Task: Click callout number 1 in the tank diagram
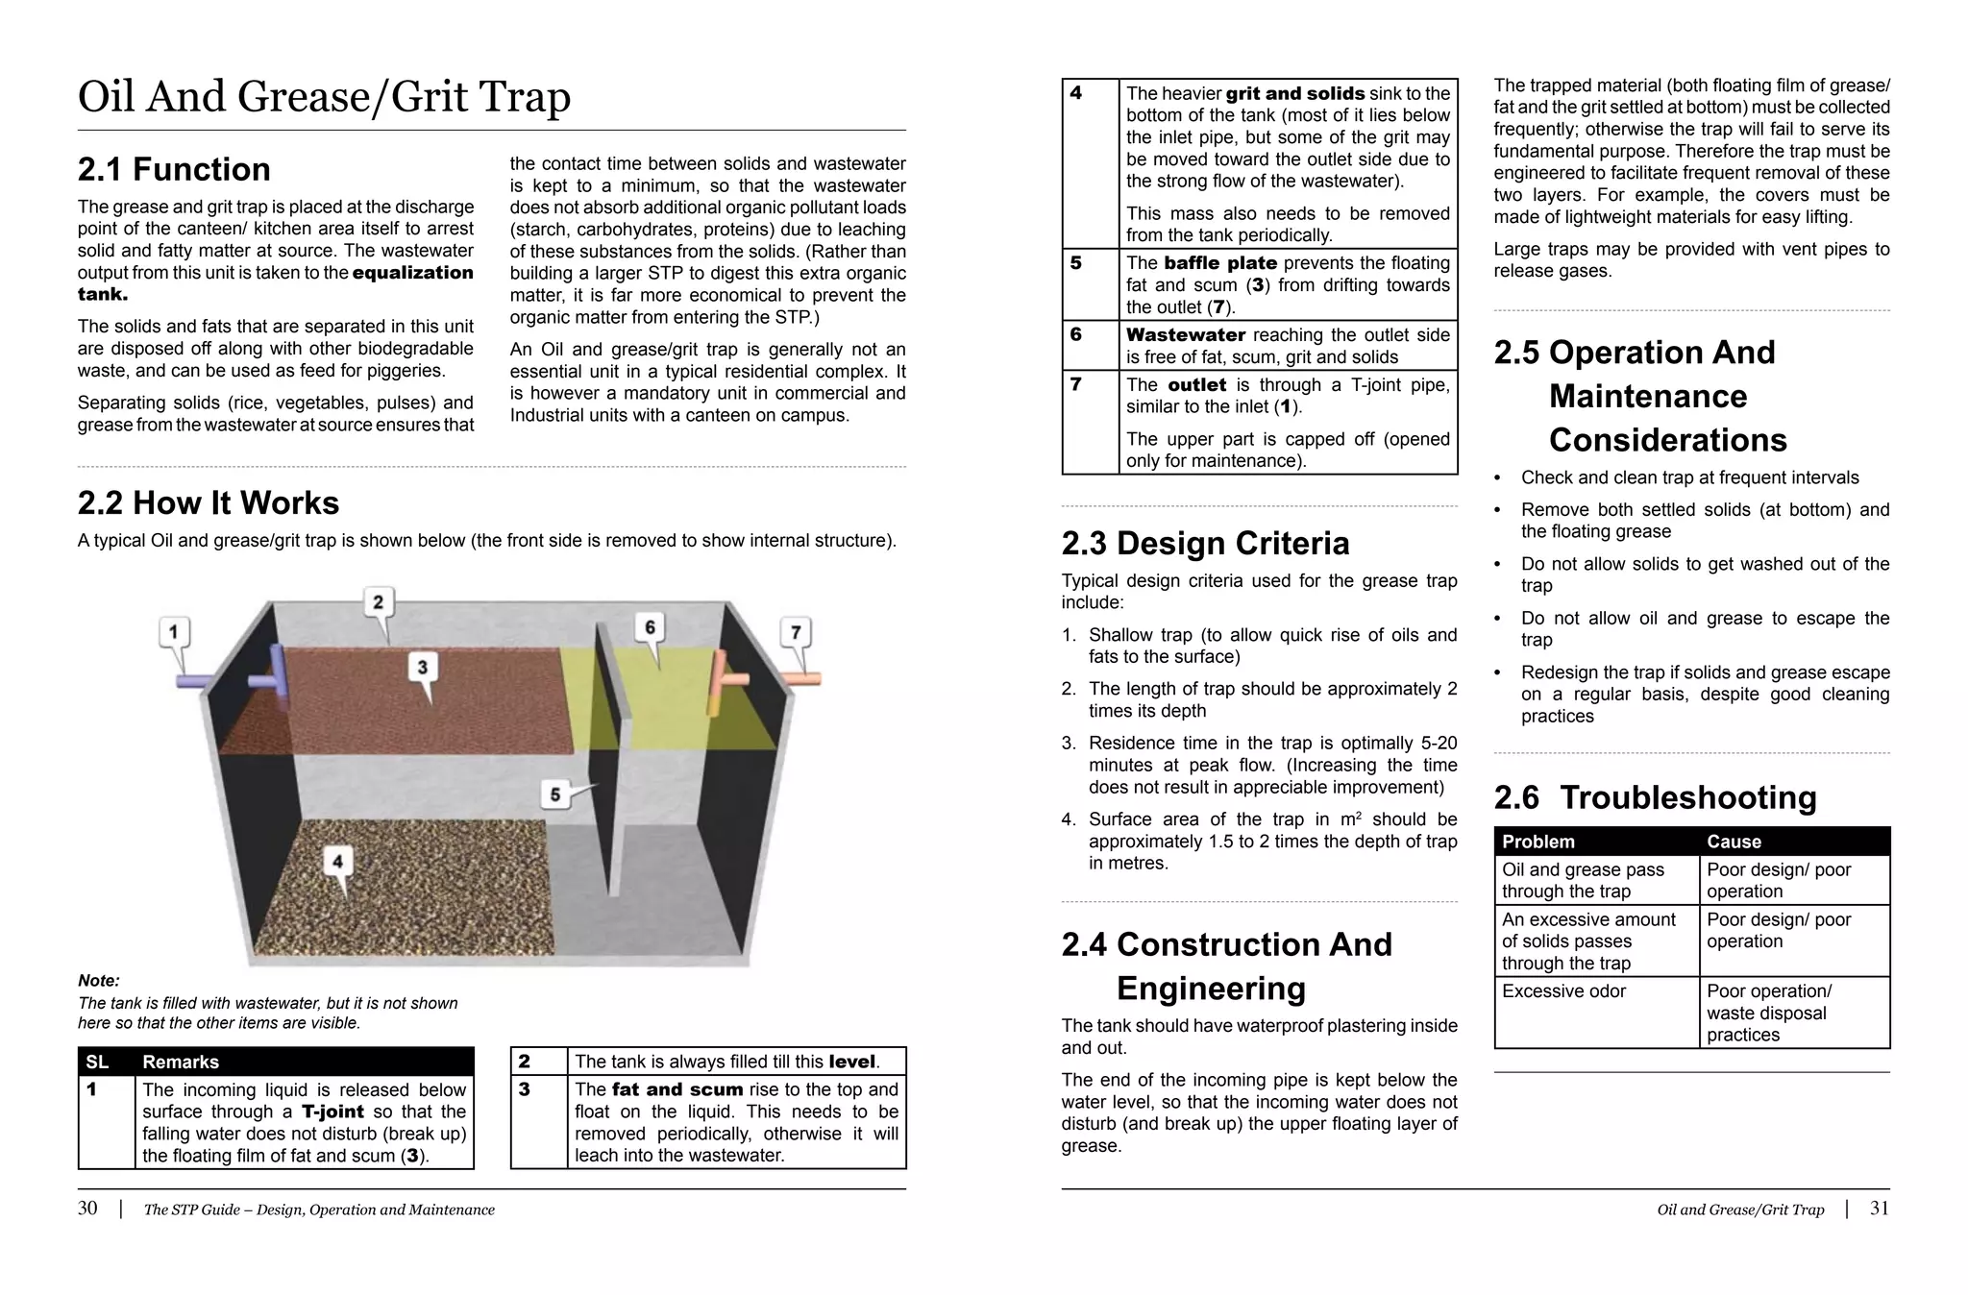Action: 174,632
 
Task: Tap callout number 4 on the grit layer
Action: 337,861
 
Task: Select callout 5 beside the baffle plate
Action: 555,794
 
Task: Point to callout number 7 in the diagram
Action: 796,632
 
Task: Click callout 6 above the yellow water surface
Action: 651,627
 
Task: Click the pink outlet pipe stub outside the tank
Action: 802,678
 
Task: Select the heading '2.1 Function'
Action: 174,169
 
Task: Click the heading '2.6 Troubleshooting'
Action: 1655,797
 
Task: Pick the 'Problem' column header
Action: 1537,842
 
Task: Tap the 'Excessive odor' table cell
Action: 1563,990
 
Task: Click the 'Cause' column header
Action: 1734,842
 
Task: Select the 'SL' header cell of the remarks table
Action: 97,1062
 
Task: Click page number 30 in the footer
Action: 87,1209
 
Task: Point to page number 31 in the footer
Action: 1879,1209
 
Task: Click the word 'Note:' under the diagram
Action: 99,981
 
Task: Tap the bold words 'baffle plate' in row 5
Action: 1219,263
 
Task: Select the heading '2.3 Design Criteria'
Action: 1205,544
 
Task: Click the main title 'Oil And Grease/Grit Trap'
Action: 324,97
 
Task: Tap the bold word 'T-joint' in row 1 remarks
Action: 332,1112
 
